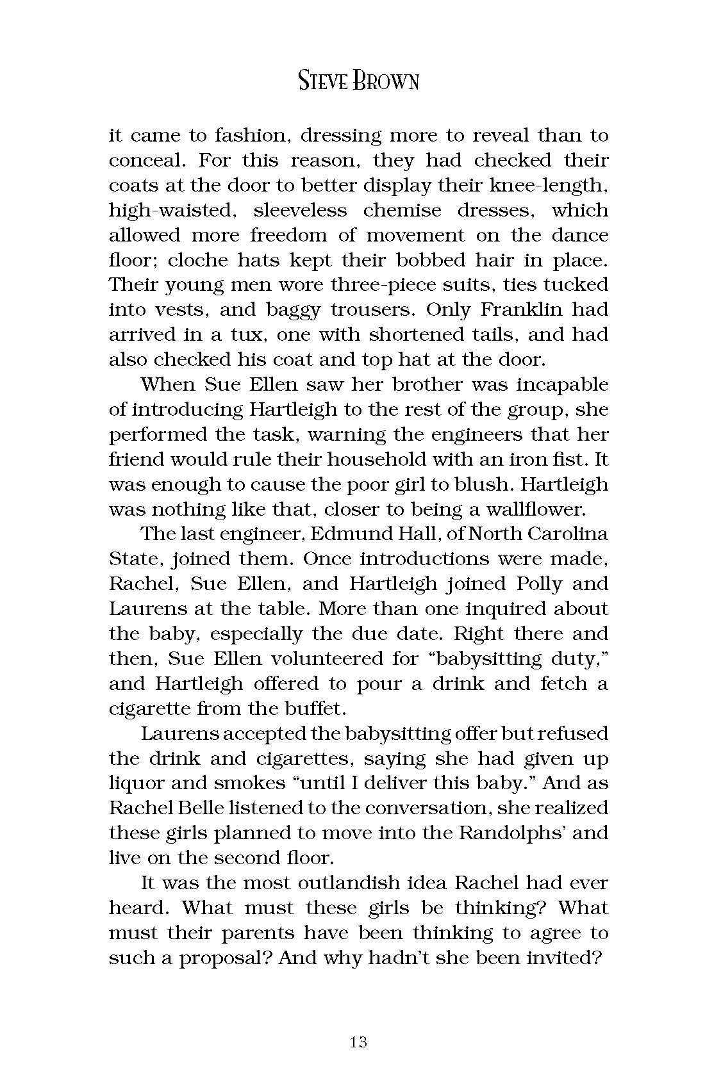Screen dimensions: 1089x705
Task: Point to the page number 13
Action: [x=359, y=1042]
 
